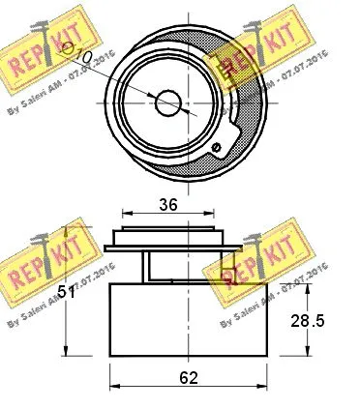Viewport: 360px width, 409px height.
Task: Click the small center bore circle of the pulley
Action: [168, 102]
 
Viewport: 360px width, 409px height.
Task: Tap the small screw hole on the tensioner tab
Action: [217, 147]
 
